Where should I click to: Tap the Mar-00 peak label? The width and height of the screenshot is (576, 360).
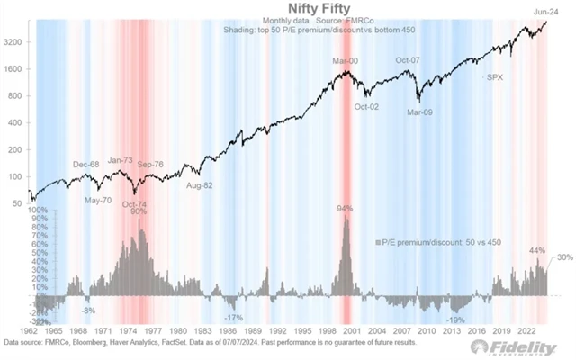[342, 60]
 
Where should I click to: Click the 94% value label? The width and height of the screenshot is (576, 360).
[344, 209]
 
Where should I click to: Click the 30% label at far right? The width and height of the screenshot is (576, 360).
[563, 259]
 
